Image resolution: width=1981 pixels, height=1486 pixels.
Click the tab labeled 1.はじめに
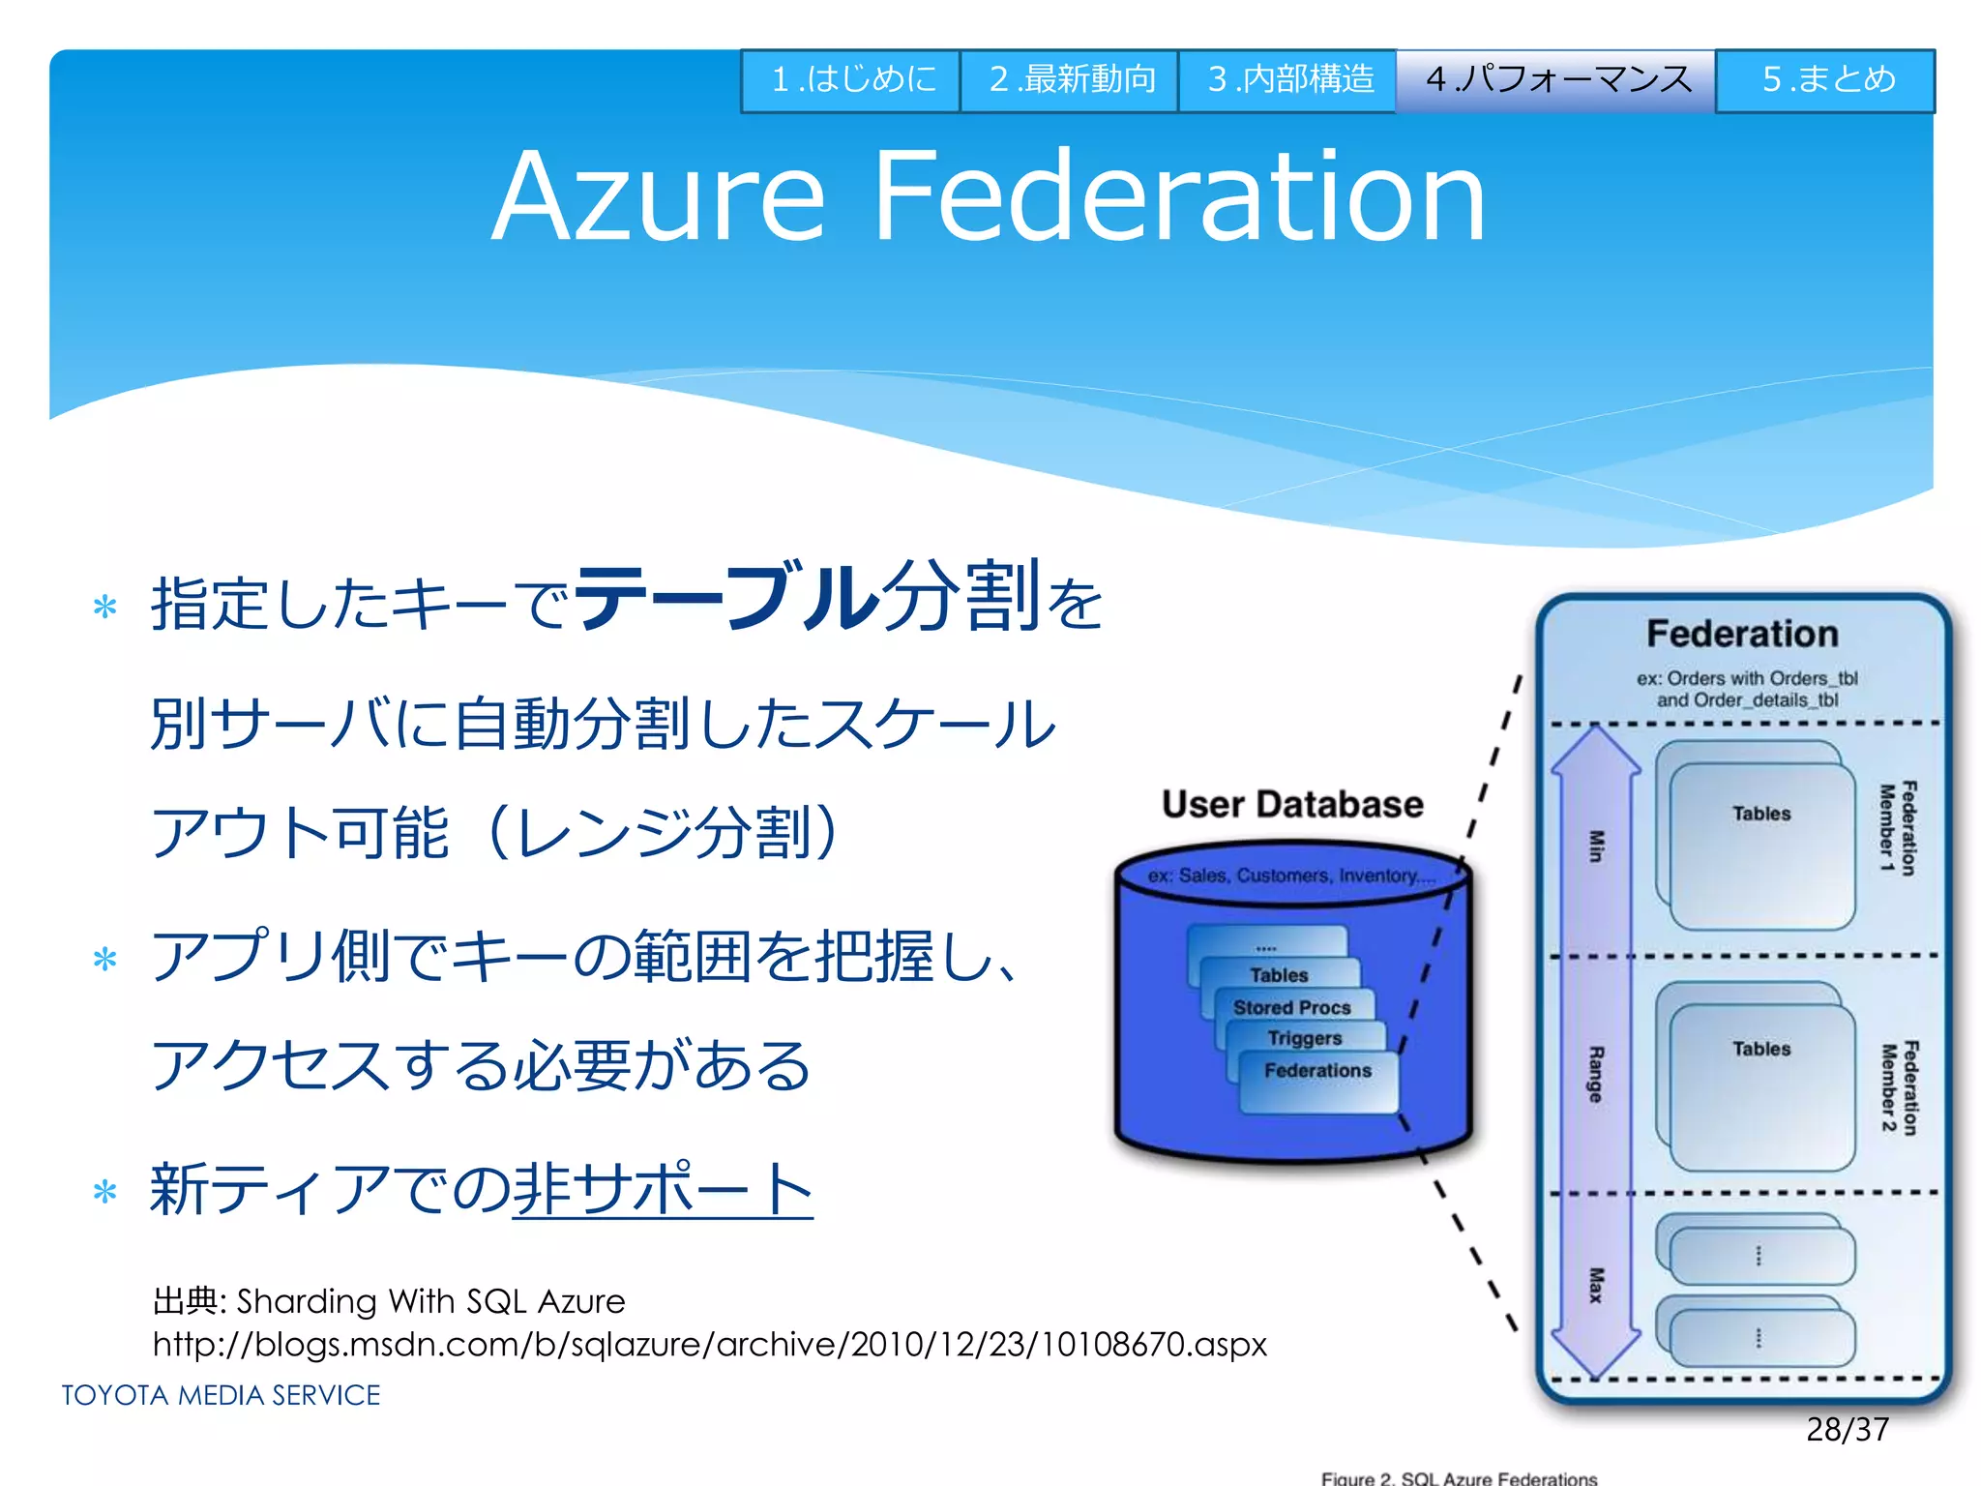(x=851, y=80)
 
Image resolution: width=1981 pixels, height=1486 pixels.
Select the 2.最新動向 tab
(x=1070, y=80)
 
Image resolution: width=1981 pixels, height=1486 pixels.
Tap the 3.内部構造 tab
(x=1287, y=80)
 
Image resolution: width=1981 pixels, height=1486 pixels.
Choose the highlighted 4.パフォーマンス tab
(x=1556, y=80)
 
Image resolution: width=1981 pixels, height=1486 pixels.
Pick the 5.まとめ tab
(x=1826, y=80)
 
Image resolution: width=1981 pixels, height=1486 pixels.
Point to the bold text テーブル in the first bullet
(x=725, y=597)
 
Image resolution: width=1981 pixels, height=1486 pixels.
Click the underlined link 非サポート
(x=663, y=1190)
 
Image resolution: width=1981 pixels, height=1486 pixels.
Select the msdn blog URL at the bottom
(x=710, y=1345)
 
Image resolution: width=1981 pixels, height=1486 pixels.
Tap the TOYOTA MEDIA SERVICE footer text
(x=222, y=1395)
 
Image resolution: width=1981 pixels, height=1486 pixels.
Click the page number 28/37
(x=1847, y=1430)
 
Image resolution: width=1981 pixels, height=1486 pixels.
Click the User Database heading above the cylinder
(x=1292, y=805)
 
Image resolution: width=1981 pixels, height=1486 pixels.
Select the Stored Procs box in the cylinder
(x=1292, y=1007)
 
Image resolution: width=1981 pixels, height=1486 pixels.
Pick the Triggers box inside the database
(x=1305, y=1038)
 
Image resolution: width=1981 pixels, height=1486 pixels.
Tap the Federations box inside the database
(x=1317, y=1071)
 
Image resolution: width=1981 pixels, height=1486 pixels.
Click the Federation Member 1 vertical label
(x=1897, y=828)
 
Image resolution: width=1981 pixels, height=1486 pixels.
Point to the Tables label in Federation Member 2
(x=1761, y=1049)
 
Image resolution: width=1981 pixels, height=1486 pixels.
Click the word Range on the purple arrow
(x=1595, y=1074)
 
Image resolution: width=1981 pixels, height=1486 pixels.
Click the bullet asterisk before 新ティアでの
(x=104, y=1193)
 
